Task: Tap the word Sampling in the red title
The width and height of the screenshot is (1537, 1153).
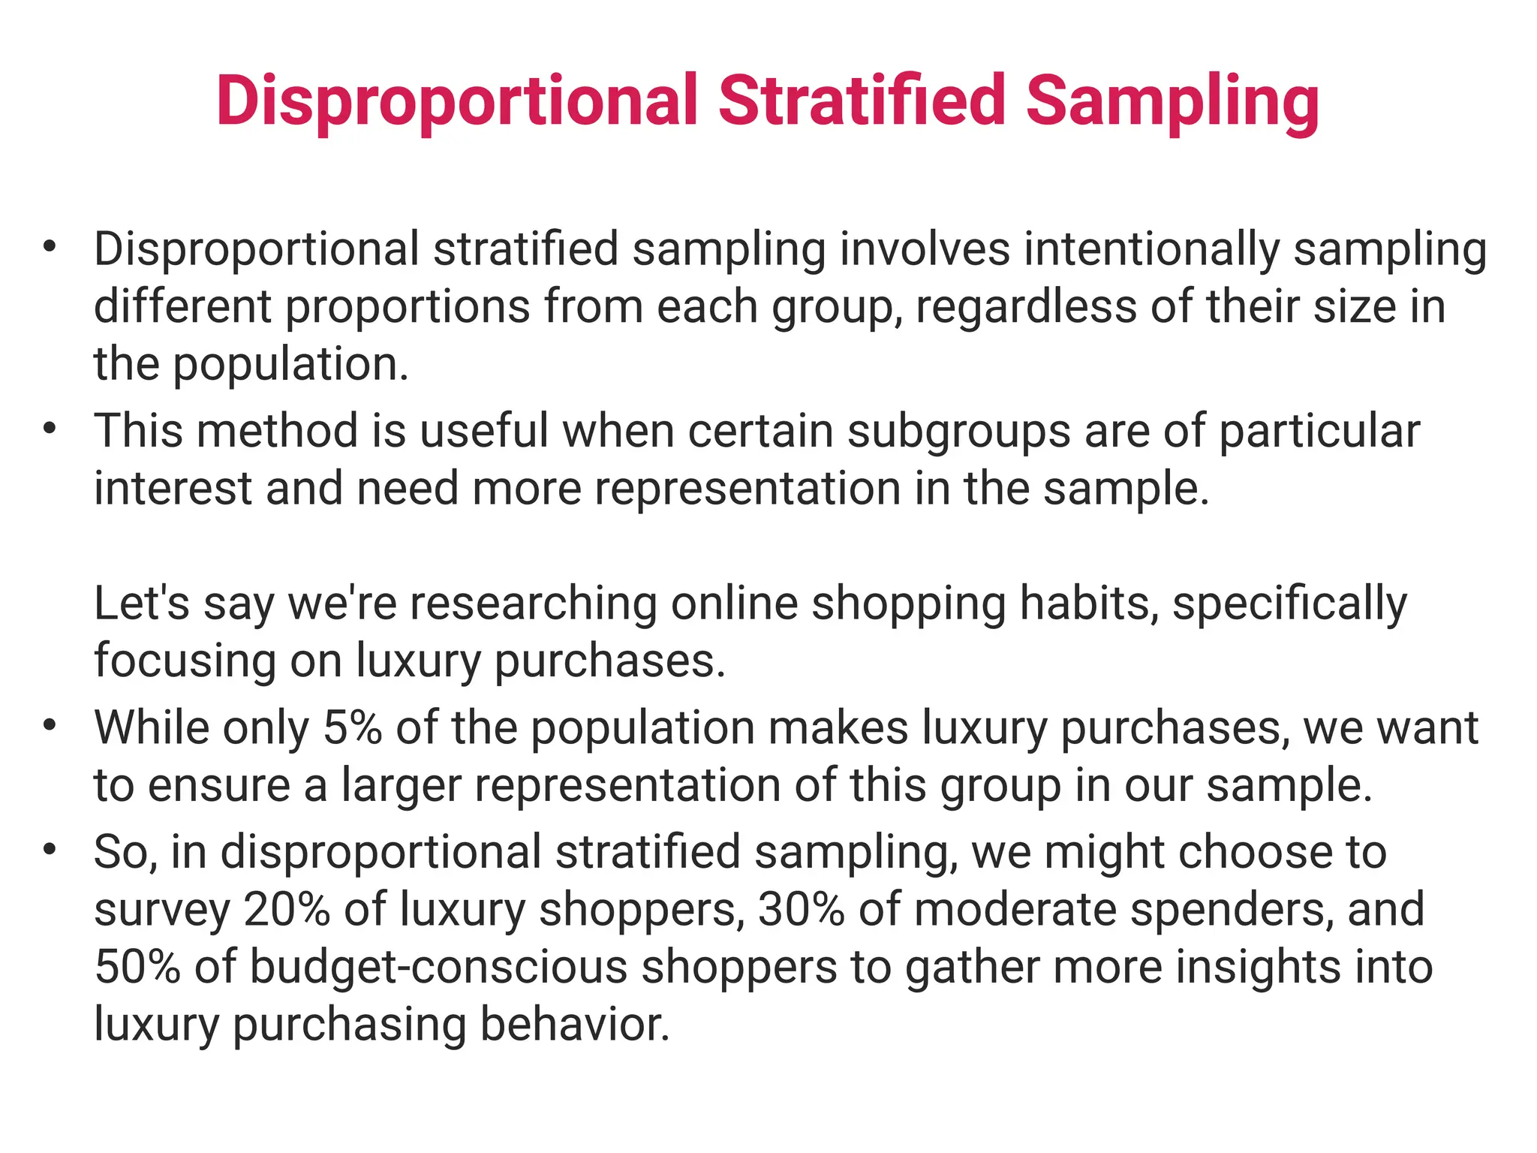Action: (1172, 101)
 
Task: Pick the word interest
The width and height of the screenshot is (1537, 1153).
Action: (173, 489)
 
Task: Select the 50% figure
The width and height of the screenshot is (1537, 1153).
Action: (137, 967)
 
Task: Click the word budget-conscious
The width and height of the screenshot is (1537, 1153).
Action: (438, 967)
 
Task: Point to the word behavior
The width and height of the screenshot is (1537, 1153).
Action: (574, 1024)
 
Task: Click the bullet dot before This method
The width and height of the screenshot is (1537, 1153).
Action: (50, 429)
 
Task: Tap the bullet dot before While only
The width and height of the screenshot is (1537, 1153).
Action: (50, 725)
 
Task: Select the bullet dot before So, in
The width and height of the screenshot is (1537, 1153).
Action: (50, 850)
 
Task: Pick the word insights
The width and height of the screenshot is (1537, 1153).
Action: (1253, 967)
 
